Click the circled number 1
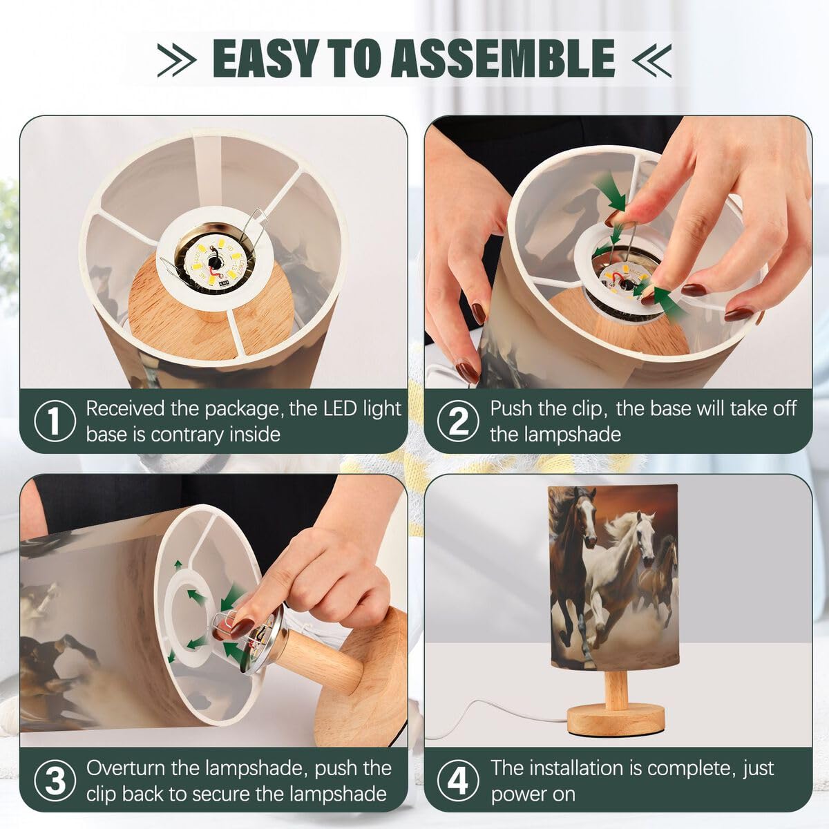(54, 421)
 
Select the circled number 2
(458, 421)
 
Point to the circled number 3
(54, 781)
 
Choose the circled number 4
(458, 781)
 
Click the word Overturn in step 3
(143, 768)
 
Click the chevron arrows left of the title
(177, 60)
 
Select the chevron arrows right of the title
(651, 60)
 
